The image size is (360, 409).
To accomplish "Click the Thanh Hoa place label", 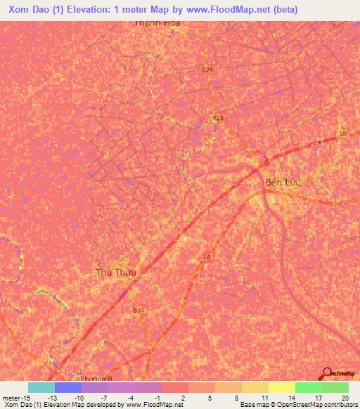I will point(158,23).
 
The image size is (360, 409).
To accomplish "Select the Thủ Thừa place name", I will point(116,271).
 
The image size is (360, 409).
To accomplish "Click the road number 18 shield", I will point(342,133).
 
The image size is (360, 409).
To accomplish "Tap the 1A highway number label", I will point(206,258).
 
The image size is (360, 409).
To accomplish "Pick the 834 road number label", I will point(139,310).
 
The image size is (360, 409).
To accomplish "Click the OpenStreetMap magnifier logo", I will point(327,374).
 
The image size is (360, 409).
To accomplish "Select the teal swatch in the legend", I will point(41,387).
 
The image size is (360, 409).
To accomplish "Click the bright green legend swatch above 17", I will point(308,387).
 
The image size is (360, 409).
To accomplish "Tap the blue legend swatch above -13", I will point(68,387).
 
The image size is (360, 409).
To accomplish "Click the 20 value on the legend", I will point(344,398).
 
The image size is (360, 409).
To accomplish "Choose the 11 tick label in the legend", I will point(264,398).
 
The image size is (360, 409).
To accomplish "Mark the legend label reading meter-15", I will point(15,398).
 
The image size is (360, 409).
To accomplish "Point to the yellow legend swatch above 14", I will point(281,387).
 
